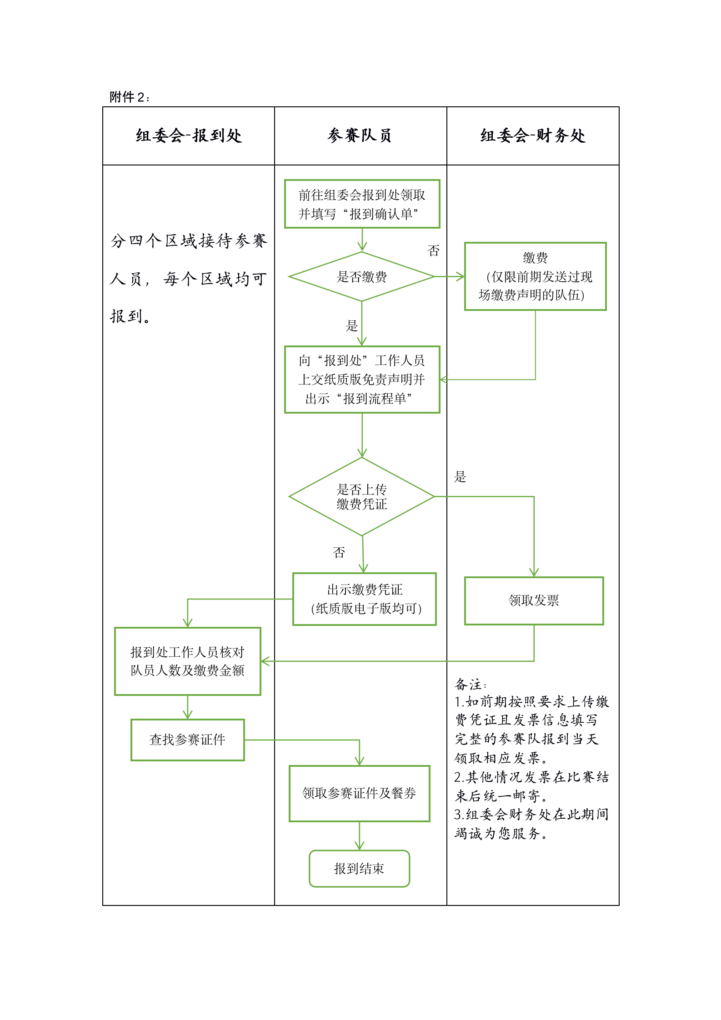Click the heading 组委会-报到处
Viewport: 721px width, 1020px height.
[x=189, y=135]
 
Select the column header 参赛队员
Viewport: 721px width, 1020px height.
[x=360, y=135]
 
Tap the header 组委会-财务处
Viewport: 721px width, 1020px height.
[x=533, y=135]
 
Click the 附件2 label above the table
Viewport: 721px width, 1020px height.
[x=129, y=97]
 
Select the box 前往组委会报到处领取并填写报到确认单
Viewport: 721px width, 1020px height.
[x=362, y=204]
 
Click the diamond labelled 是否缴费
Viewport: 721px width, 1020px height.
[x=362, y=276]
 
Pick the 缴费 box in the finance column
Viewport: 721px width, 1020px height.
[x=535, y=276]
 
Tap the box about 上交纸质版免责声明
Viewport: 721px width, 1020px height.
[x=362, y=380]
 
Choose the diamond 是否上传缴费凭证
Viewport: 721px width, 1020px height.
[x=362, y=496]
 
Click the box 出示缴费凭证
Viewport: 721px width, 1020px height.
[x=365, y=599]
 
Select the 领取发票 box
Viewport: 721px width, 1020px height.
[x=534, y=600]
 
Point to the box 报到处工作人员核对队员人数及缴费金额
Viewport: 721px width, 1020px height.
[x=187, y=661]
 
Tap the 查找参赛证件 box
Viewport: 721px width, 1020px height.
[x=187, y=740]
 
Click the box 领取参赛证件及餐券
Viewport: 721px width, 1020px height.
[x=359, y=794]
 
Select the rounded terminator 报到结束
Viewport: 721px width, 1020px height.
[x=359, y=869]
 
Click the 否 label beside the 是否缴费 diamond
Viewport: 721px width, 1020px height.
[x=434, y=251]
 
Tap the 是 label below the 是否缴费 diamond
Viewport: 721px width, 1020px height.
[x=352, y=325]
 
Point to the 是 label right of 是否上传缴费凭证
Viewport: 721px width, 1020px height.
[x=460, y=477]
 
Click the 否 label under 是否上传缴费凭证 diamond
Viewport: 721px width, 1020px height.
[x=339, y=552]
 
